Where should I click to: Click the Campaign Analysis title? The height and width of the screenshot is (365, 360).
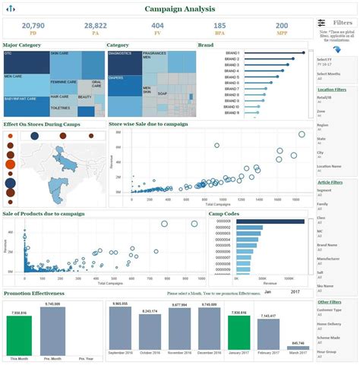(179, 8)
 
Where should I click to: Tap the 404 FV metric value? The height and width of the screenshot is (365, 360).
(158, 25)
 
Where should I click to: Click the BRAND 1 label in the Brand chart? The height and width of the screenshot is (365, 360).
(232, 53)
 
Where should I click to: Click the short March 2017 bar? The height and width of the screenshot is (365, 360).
(297, 349)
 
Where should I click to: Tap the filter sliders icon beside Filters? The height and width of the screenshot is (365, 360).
(322, 23)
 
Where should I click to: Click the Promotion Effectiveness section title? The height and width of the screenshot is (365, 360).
(34, 293)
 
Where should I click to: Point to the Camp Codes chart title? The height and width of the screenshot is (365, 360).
(224, 214)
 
